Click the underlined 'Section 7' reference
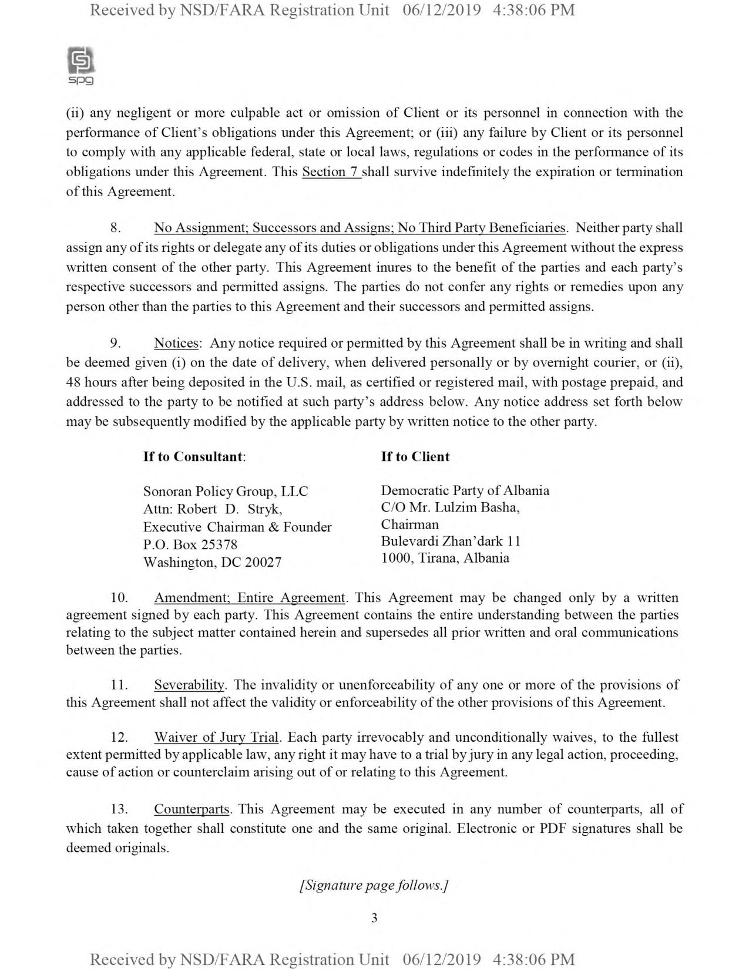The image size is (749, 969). click(x=331, y=172)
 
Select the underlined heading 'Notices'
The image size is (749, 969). click(x=176, y=343)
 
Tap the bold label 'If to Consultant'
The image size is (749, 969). click(x=194, y=457)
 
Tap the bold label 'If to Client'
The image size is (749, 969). click(x=415, y=457)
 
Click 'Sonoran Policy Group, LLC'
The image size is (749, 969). click(x=226, y=492)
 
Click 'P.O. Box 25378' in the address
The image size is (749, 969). click(x=190, y=545)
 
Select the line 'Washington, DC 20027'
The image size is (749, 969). click(x=212, y=563)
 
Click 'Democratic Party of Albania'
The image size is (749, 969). click(x=465, y=490)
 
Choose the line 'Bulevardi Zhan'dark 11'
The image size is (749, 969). click(x=451, y=541)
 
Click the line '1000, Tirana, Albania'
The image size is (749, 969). click(x=445, y=558)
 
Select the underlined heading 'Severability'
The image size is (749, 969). click(x=189, y=685)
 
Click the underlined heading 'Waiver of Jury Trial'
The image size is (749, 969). click(x=216, y=737)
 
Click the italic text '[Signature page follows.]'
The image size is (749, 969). click(x=374, y=885)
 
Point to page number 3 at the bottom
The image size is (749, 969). click(x=374, y=918)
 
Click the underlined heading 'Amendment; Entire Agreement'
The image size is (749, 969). click(x=249, y=598)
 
